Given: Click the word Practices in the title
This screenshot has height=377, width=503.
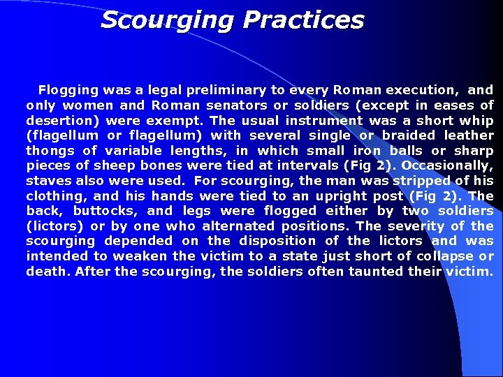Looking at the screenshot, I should coord(303,20).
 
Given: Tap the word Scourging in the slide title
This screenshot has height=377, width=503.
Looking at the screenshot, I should coord(168,20).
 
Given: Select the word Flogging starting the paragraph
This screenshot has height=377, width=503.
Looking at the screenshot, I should coord(68,90).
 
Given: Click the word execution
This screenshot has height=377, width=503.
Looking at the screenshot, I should coord(423,90).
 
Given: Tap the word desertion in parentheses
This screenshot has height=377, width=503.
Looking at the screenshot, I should coord(62,120).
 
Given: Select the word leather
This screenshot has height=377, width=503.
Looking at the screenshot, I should coord(468,135).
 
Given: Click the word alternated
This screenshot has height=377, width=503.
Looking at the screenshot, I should coord(235,226).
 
